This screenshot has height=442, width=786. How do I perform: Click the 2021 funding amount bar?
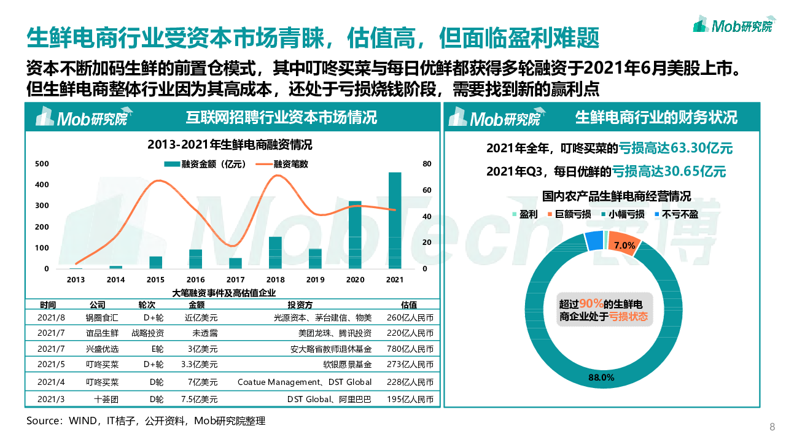pos(395,220)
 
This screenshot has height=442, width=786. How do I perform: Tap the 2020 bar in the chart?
pos(355,235)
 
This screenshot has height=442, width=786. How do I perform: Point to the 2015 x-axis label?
pos(155,280)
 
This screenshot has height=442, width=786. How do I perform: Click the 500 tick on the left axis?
pos(42,164)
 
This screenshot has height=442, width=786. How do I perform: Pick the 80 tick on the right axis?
pos(427,164)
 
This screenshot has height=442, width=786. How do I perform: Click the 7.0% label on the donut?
pos(624,246)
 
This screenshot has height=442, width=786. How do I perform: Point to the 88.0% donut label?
pos(601,377)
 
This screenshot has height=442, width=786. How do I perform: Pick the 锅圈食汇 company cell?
pos(102,317)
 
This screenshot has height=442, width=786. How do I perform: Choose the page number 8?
pos(772,427)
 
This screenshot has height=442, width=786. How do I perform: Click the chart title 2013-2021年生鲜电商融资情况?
pos(230,145)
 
